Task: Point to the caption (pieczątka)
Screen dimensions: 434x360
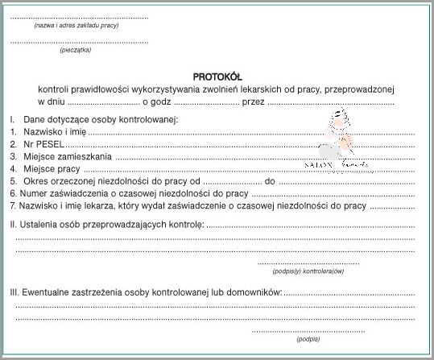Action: coord(76,50)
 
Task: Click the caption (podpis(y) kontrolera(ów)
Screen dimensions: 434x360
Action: coord(308,271)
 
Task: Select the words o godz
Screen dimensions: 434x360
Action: coord(157,102)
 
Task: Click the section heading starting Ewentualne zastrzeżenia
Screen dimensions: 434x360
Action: coord(145,291)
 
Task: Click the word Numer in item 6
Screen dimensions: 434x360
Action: coord(36,194)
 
